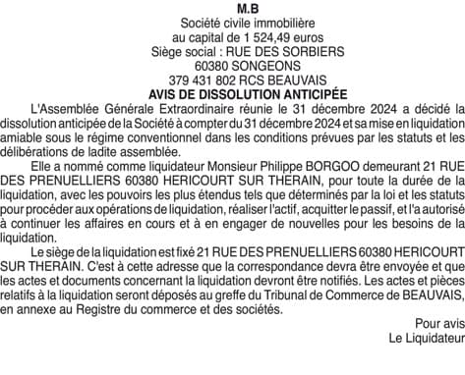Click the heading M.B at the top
pyautogui.click(x=232, y=9)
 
